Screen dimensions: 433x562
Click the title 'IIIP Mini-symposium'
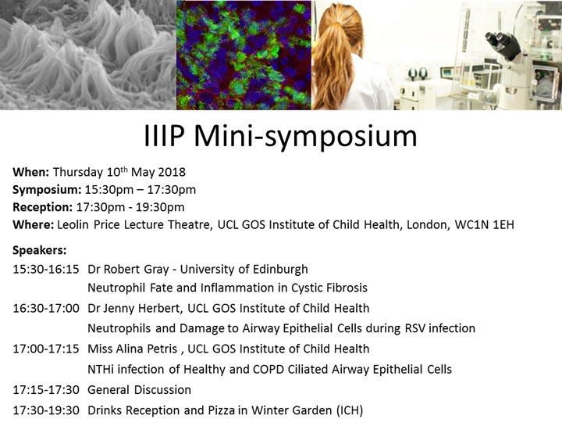coord(281,136)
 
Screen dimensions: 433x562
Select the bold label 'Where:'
coord(34,225)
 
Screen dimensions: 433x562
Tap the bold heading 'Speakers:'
coord(40,251)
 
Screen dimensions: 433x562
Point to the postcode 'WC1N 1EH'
coord(488,225)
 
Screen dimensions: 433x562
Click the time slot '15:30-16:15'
coord(45,269)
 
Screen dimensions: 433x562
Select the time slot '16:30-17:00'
coord(45,309)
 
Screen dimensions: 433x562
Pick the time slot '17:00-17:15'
coord(45,349)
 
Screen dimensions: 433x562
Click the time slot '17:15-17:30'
coord(45,389)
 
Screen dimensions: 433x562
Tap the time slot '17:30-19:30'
coord(45,410)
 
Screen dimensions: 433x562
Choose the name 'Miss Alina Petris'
coord(133,349)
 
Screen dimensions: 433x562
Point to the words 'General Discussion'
coord(139,389)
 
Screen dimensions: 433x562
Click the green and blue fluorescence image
coord(244,55)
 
